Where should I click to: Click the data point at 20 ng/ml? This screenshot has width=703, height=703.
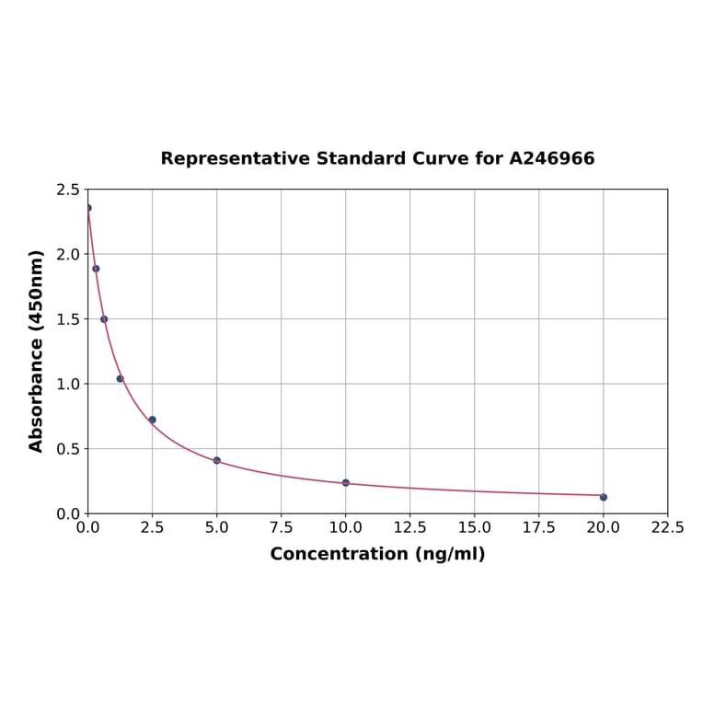604,497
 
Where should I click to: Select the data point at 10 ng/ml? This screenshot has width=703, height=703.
346,482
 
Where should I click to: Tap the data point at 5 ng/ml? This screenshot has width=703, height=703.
217,460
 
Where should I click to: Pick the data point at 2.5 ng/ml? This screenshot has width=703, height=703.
153,420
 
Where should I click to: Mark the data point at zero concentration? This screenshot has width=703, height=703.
88,208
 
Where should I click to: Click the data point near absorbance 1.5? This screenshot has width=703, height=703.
104,319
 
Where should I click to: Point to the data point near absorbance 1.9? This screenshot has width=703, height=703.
96,269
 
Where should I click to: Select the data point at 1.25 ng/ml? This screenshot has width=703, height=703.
120,378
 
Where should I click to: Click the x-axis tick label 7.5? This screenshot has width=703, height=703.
282,528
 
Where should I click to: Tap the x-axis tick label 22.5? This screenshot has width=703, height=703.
667,528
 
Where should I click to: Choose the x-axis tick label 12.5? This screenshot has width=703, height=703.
409,528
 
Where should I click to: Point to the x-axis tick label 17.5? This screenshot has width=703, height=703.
538,528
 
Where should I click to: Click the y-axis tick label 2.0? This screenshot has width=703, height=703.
68,254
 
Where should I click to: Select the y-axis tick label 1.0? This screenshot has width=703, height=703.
68,384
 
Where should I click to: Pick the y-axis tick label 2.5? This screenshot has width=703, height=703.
68,190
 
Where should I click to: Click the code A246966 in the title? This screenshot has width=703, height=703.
552,158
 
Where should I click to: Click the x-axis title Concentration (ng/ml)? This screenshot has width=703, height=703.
377,554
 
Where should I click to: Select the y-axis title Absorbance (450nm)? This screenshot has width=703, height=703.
37,351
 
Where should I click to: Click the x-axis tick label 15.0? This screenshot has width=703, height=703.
474,528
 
